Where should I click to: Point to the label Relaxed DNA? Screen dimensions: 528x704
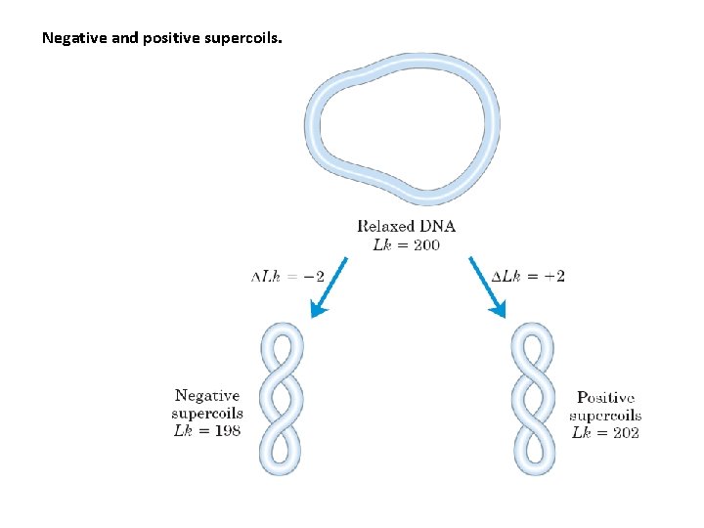coord(406,226)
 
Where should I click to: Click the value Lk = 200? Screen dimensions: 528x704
coord(406,244)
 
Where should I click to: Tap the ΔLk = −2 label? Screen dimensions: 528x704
coord(288,276)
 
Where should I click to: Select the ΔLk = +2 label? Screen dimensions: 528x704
coord(527,276)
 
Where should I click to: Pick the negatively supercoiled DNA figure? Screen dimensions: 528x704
coord(281,399)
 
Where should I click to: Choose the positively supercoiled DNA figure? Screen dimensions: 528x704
coord(534,399)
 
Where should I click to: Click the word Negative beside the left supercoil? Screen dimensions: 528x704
coord(206,396)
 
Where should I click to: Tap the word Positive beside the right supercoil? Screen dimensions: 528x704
coord(605,398)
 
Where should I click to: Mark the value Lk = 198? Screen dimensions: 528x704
coord(206,431)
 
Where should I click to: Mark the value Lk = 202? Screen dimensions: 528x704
coord(605,432)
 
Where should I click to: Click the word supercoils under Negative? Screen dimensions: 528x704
coord(206,414)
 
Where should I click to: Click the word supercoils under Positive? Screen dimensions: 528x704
coord(605,416)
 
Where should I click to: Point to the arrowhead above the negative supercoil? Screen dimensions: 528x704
coord(318,310)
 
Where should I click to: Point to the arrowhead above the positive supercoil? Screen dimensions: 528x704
coord(499,310)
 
